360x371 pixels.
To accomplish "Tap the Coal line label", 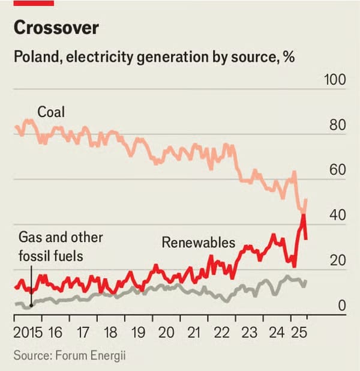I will (x=51, y=112).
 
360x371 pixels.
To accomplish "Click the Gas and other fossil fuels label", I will (x=60, y=247).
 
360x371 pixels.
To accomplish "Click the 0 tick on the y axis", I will (x=341, y=306).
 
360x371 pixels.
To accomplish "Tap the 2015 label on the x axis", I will (x=26, y=332).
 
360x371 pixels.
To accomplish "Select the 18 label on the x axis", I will (x=110, y=332).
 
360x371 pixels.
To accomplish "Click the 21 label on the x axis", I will (x=193, y=332).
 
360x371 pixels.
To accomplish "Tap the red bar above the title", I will (x=34, y=3).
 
